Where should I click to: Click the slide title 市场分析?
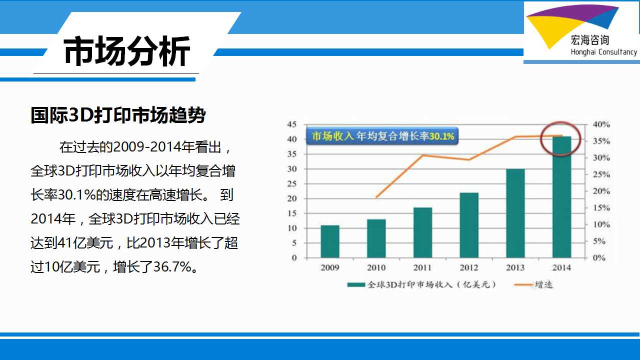point(127,51)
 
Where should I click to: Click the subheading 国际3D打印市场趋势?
point(118,115)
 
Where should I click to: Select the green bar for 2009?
point(330,241)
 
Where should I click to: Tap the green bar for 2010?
point(376,238)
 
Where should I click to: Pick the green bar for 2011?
point(422,232)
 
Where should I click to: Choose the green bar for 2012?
point(469,225)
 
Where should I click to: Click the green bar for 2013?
point(515,213)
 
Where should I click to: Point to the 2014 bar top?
point(561,136)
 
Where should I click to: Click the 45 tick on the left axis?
point(292,124)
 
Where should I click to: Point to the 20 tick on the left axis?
point(292,198)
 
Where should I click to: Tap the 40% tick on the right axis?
point(601,124)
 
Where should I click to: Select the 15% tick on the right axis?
point(601,207)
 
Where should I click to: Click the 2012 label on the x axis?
point(469,267)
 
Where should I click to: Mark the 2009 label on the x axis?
point(330,267)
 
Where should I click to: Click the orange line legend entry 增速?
point(533,284)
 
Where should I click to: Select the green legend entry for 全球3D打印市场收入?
point(421,284)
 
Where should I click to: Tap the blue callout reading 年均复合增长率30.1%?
point(382,136)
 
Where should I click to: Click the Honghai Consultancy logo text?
point(603,52)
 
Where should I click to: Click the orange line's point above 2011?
point(423,155)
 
